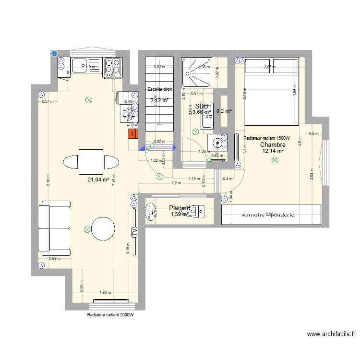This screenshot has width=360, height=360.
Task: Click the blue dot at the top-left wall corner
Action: click(54, 54)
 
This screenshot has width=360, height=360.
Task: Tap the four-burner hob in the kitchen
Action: click(112, 67)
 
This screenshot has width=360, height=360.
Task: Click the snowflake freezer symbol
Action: click(128, 115)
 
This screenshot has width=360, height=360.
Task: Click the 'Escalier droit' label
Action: click(159, 89)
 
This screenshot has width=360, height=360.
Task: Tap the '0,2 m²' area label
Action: click(224, 111)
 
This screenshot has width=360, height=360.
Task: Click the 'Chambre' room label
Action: click(273, 144)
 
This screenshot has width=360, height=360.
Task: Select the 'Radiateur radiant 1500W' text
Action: click(273, 138)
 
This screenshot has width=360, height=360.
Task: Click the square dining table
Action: click(91, 161)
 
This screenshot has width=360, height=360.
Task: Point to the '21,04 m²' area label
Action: click(98, 180)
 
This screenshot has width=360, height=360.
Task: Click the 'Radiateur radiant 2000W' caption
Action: click(110, 315)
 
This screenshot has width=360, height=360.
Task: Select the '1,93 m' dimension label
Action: click(105, 293)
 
